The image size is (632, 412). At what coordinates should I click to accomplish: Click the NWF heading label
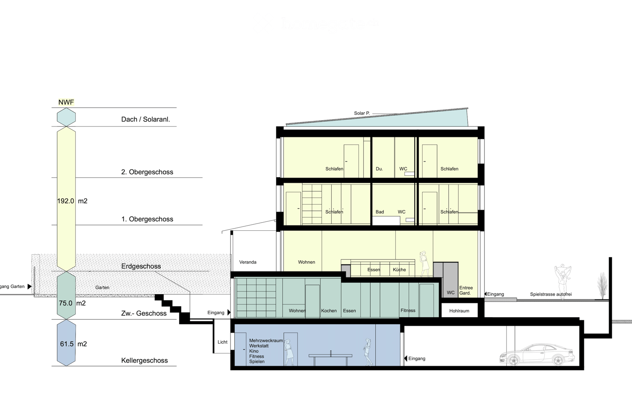(x=66, y=102)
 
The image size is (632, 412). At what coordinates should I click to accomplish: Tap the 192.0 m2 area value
(x=72, y=201)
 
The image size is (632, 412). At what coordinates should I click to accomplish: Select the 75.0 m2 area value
(x=72, y=303)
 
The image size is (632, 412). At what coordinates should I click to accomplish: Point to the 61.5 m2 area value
(x=73, y=344)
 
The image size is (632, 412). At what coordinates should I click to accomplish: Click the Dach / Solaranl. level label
(x=145, y=119)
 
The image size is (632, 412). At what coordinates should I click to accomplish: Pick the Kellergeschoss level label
(x=144, y=361)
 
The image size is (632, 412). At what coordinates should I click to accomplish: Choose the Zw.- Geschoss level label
(x=144, y=313)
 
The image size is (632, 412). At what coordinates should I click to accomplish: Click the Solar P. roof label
(x=362, y=113)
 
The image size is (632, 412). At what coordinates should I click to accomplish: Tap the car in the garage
(x=537, y=354)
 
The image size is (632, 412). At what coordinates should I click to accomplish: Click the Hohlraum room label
(x=459, y=311)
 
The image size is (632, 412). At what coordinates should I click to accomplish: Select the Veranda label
(x=248, y=262)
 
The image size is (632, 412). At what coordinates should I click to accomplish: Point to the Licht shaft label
(x=222, y=342)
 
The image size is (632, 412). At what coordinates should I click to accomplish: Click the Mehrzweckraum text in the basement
(x=266, y=341)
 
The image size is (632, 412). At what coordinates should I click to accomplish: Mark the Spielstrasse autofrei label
(x=551, y=294)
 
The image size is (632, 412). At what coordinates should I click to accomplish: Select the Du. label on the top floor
(x=379, y=169)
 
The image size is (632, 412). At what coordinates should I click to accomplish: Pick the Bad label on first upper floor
(x=380, y=212)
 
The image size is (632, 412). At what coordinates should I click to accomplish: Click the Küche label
(x=399, y=270)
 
